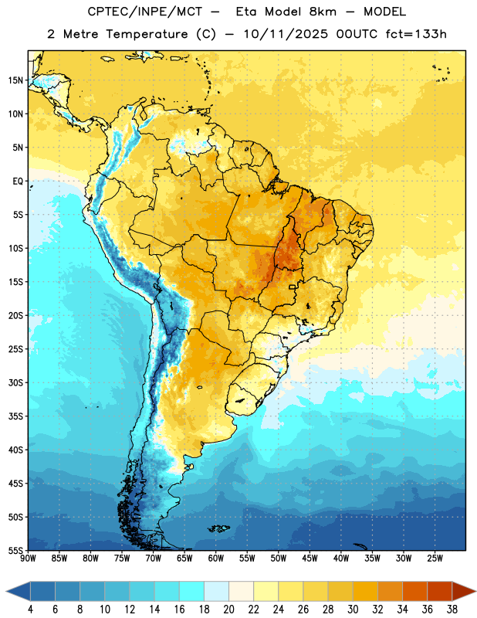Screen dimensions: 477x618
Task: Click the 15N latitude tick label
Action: [15, 80]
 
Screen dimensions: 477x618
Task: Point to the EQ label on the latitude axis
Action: [18, 182]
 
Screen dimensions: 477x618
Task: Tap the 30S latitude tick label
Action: [15, 382]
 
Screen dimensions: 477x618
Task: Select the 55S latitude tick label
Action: [15, 551]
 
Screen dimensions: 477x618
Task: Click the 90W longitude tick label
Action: [28, 559]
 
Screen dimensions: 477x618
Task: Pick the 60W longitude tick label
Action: [216, 559]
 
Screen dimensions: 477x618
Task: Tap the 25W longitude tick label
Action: [435, 559]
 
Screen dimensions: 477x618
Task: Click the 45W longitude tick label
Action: [310, 559]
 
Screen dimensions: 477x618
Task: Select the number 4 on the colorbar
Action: [30, 610]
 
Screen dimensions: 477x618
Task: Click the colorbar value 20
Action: [228, 610]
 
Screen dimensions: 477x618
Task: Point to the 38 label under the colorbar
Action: [452, 610]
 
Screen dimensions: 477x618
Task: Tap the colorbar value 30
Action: [353, 610]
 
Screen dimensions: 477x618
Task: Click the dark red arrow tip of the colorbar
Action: [475, 591]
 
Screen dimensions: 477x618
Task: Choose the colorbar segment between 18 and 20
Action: [216, 591]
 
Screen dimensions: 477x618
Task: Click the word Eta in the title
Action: [246, 12]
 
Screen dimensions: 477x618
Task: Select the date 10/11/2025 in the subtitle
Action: [286, 34]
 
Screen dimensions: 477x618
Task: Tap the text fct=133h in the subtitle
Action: [416, 34]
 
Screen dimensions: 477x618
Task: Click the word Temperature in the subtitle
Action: [147, 34]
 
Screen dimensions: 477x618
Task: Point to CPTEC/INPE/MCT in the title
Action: [145, 12]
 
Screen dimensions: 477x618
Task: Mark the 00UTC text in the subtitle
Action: [357, 34]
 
